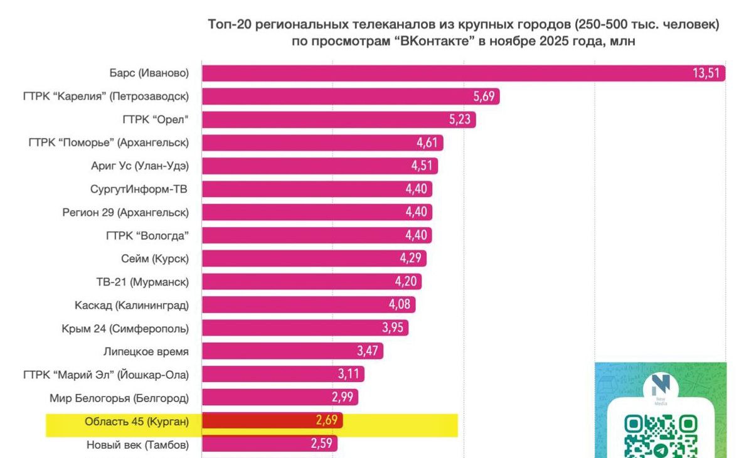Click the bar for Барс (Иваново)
[x=439, y=73]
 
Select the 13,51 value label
[x=707, y=73]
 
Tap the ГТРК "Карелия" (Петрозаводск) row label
[x=105, y=96]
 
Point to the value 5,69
[x=485, y=97]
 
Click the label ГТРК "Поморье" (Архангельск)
[x=109, y=142]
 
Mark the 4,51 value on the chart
[x=423, y=166]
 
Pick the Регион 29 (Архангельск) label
[x=125, y=212]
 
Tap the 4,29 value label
[x=412, y=258]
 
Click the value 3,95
[x=394, y=328]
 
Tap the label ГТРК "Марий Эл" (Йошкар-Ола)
[x=105, y=375]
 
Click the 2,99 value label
[x=344, y=398]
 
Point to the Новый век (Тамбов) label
[x=137, y=444]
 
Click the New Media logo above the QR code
[x=661, y=387]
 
